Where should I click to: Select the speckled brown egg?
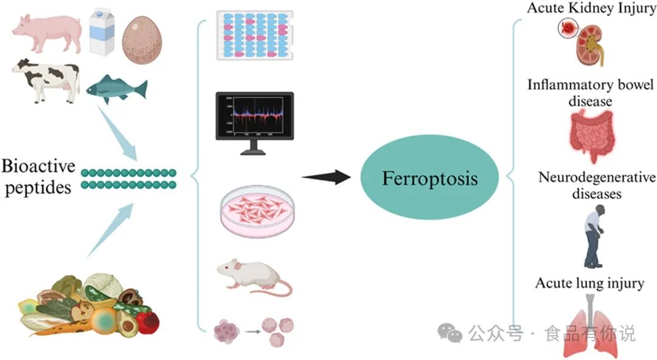click(144, 36)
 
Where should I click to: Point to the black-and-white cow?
click(46, 79)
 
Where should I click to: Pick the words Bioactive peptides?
click(38, 176)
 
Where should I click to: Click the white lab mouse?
click(252, 277)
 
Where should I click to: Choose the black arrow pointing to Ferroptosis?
click(326, 177)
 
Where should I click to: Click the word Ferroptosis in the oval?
click(429, 179)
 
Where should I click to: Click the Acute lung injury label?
click(589, 283)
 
